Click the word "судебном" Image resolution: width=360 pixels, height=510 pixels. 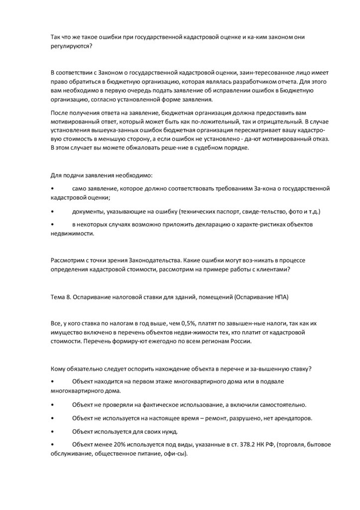click(x=201, y=147)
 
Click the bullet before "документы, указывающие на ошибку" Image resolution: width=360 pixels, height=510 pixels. click(x=53, y=212)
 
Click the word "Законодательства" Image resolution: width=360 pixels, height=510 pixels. click(x=155, y=260)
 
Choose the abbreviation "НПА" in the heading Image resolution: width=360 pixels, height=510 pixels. click(x=279, y=297)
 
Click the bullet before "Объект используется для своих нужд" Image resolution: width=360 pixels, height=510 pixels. click(x=53, y=431)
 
